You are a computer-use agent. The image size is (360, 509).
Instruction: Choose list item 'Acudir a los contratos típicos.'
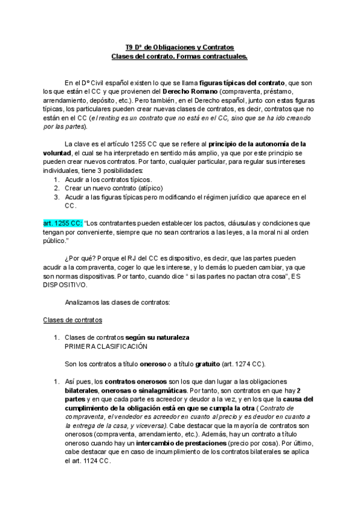pyautogui.click(x=109, y=179)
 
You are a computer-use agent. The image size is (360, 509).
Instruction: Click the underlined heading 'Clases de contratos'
pyautogui.click(x=73, y=320)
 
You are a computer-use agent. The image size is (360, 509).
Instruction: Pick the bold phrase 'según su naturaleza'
pyautogui.click(x=157, y=338)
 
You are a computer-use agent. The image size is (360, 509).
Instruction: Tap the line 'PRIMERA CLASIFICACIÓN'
pyautogui.click(x=105, y=346)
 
